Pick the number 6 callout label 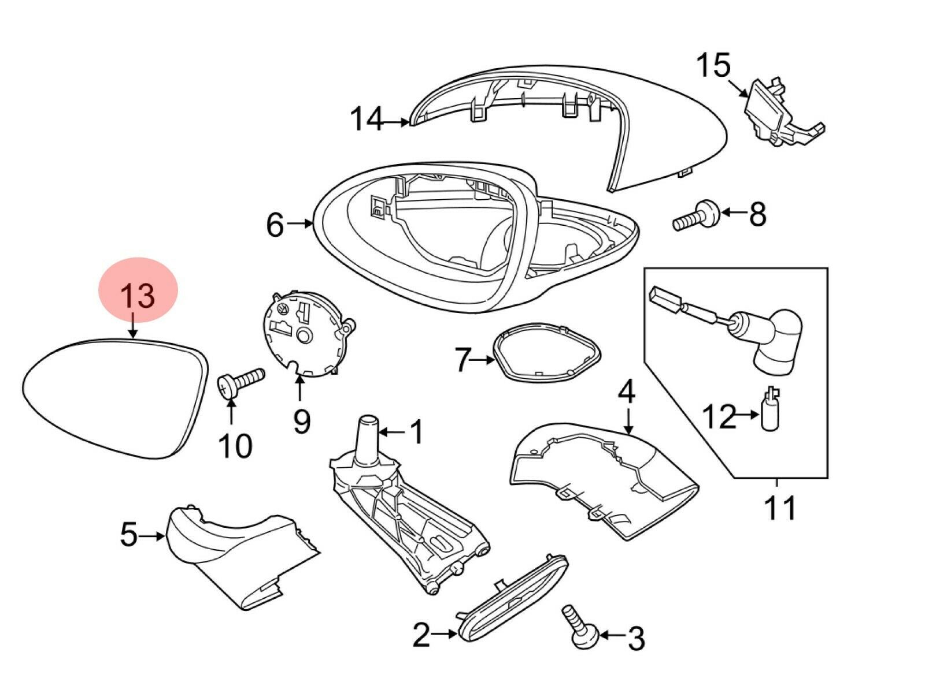click(275, 225)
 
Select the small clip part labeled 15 click(778, 113)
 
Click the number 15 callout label click(713, 66)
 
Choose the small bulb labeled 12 click(770, 411)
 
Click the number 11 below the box click(779, 509)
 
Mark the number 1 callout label click(416, 432)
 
